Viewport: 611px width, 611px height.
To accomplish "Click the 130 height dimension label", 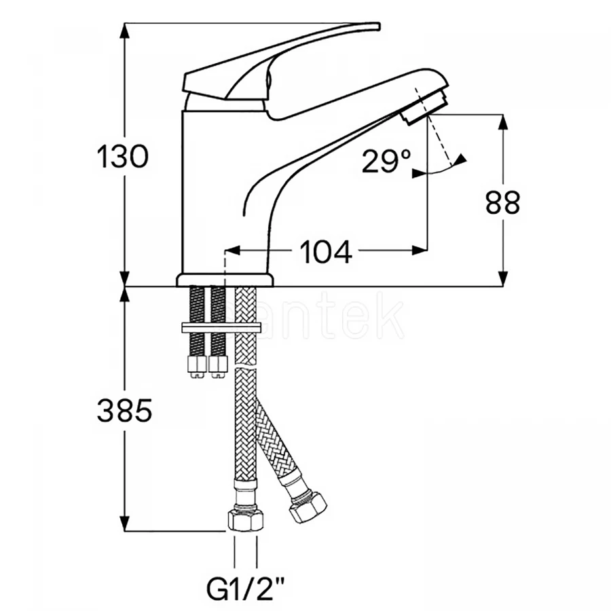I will (x=122, y=158).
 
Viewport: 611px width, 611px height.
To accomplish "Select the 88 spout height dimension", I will (x=502, y=202).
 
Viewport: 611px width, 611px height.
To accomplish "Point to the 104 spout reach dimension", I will (x=326, y=252).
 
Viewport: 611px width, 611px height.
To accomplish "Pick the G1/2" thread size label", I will (x=246, y=585).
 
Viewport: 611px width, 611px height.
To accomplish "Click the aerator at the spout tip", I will (x=417, y=112).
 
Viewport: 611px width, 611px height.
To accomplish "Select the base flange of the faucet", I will (x=225, y=279).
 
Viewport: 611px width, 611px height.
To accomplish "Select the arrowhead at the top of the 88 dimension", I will (x=503, y=119).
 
